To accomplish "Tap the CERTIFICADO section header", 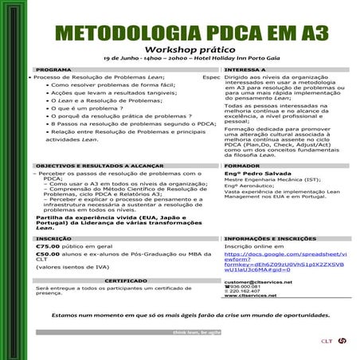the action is click(125, 280).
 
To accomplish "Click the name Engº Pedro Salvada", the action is click(252, 173).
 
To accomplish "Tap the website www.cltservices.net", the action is click(250, 295).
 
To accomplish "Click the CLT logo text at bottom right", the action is click(327, 341).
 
